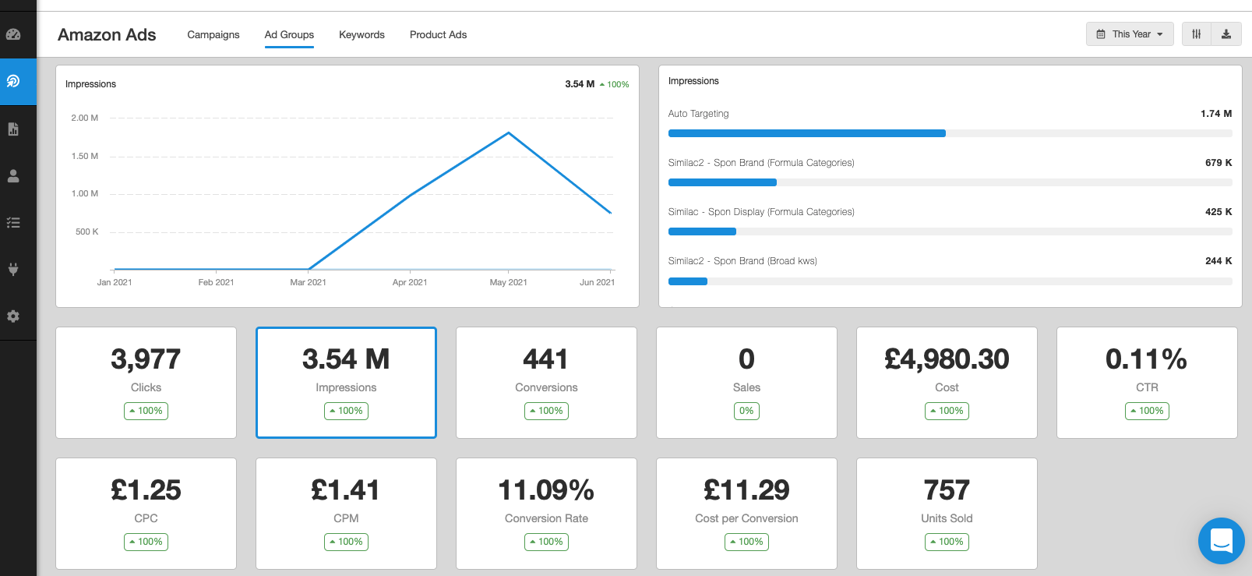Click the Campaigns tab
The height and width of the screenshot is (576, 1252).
click(213, 34)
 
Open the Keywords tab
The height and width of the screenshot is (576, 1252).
click(361, 34)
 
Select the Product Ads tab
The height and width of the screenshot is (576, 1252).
click(438, 34)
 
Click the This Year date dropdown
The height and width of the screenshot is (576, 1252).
click(1129, 34)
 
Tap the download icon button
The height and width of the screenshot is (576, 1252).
click(1226, 34)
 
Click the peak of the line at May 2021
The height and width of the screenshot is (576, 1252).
click(509, 133)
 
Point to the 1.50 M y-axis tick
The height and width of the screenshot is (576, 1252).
click(85, 156)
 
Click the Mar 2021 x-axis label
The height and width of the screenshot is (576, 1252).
click(308, 282)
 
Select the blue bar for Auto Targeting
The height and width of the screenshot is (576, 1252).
click(806, 133)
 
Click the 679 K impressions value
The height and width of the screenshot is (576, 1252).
click(1218, 163)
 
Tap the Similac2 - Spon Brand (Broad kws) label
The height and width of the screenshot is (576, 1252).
click(742, 261)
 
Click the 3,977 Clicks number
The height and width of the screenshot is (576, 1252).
click(146, 359)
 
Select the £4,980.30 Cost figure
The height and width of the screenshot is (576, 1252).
click(947, 359)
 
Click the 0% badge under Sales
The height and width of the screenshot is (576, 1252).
click(746, 411)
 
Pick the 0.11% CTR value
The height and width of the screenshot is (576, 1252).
click(1146, 359)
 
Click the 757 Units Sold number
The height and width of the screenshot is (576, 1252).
click(947, 490)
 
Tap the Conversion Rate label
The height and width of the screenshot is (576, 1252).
click(546, 518)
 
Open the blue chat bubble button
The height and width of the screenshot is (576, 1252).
click(1221, 540)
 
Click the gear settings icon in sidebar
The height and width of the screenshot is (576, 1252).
click(13, 316)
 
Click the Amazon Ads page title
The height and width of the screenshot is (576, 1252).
click(107, 35)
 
